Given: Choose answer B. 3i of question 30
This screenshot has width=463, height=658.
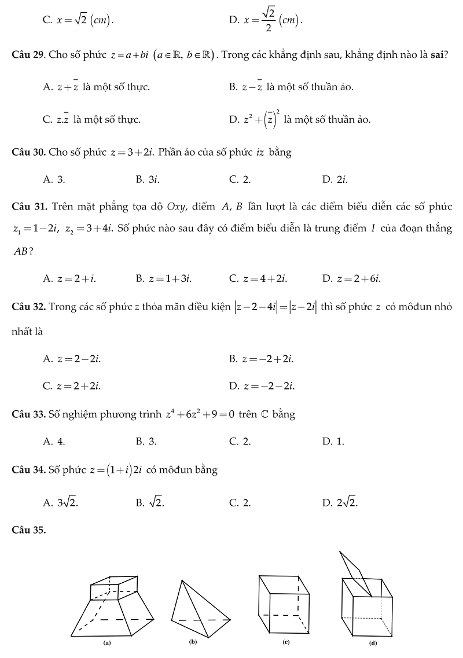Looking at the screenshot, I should pyautogui.click(x=148, y=180).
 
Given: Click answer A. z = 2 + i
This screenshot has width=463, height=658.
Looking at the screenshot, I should pyautogui.click(x=69, y=278).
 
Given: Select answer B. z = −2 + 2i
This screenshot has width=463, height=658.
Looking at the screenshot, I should pyautogui.click(x=261, y=359).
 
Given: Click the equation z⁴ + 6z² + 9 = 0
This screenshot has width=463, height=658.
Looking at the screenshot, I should pyautogui.click(x=200, y=414).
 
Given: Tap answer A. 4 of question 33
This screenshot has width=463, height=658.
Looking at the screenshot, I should pyautogui.click(x=54, y=442).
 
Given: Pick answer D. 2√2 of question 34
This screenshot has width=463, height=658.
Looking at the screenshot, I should pyautogui.click(x=340, y=503).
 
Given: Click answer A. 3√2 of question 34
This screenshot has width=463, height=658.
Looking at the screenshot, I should pyautogui.click(x=61, y=503).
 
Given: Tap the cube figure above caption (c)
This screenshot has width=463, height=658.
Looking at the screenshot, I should pyautogui.click(x=284, y=605).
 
